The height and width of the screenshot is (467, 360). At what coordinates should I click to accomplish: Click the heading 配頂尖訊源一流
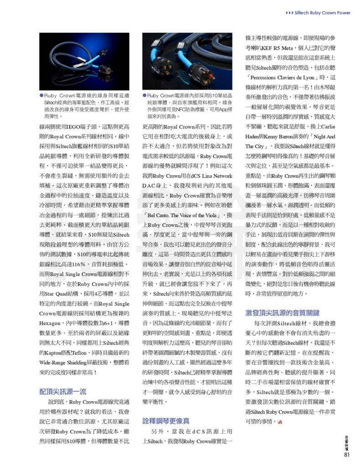(62, 391)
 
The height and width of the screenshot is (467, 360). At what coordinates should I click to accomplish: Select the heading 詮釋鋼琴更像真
(166, 420)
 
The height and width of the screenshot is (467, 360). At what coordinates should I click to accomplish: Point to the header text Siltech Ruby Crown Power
(322, 13)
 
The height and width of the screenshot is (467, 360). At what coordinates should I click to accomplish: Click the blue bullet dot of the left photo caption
(41, 95)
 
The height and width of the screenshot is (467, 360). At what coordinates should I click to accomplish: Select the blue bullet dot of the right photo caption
(145, 95)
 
